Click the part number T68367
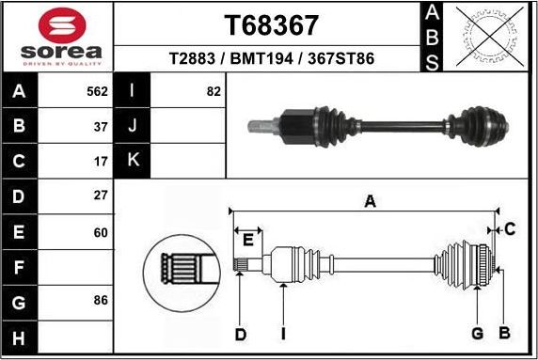(271, 23)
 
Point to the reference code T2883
(191, 58)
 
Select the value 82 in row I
(214, 92)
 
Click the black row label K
(133, 161)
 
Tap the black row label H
(20, 337)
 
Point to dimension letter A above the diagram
(370, 201)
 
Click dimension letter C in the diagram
(510, 228)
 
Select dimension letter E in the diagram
(247, 241)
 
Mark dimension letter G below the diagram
(477, 334)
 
